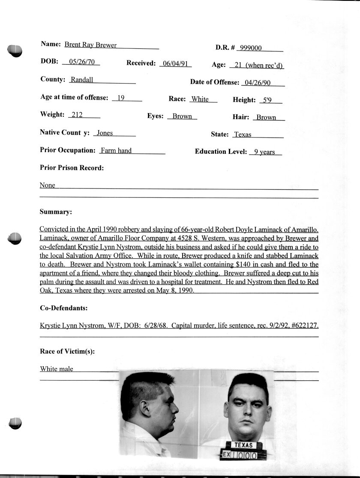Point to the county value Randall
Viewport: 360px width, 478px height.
click(x=82, y=80)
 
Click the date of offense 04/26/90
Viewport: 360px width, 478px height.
click(x=256, y=83)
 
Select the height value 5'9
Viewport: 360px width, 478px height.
click(x=267, y=100)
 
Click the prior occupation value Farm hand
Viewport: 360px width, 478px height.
click(x=116, y=151)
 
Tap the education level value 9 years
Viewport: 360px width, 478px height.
click(x=264, y=152)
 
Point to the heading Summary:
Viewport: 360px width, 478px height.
click(x=56, y=212)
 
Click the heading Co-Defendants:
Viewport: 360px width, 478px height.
click(x=63, y=308)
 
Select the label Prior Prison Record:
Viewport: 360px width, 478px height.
click(x=72, y=168)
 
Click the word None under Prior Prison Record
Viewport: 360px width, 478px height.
click(x=48, y=185)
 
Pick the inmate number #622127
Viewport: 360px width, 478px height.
click(x=303, y=326)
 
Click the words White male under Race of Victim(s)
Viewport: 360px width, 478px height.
click(x=57, y=369)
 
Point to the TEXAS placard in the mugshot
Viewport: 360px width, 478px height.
click(x=243, y=445)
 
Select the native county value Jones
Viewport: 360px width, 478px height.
click(x=105, y=133)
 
